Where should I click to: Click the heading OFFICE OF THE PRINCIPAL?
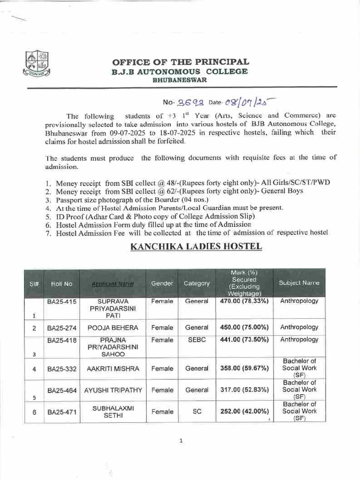click(x=180, y=62)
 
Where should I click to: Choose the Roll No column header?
click(x=62, y=284)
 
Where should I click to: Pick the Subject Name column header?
click(x=299, y=283)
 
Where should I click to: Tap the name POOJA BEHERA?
click(x=113, y=328)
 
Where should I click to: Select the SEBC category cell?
click(x=196, y=340)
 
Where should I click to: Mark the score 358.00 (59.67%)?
click(x=244, y=368)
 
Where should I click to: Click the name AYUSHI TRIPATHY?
click(x=113, y=390)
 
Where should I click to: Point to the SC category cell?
click(x=197, y=412)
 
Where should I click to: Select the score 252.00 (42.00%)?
click(x=244, y=412)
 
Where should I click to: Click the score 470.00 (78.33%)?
click(x=244, y=301)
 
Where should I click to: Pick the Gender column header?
click(x=162, y=284)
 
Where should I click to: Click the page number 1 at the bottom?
click(x=180, y=440)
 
